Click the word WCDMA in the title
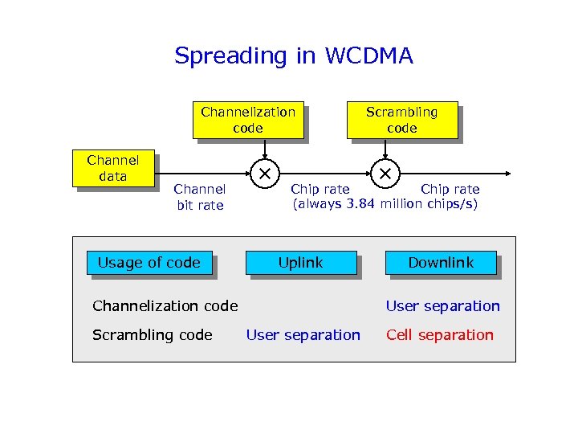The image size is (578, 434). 368,56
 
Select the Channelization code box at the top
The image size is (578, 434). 247,120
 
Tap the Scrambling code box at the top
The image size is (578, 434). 401,120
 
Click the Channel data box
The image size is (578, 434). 112,169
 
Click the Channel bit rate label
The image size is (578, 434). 199,197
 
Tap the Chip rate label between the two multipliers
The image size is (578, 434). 320,190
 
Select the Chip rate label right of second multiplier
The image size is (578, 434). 450,190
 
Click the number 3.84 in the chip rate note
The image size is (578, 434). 361,204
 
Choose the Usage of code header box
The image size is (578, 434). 149,263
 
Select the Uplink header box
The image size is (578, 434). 300,263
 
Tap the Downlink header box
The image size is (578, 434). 441,263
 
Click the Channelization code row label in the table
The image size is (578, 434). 165,305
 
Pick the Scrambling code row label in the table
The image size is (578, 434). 153,335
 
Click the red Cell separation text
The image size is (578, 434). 440,335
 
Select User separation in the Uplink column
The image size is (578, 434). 303,335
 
